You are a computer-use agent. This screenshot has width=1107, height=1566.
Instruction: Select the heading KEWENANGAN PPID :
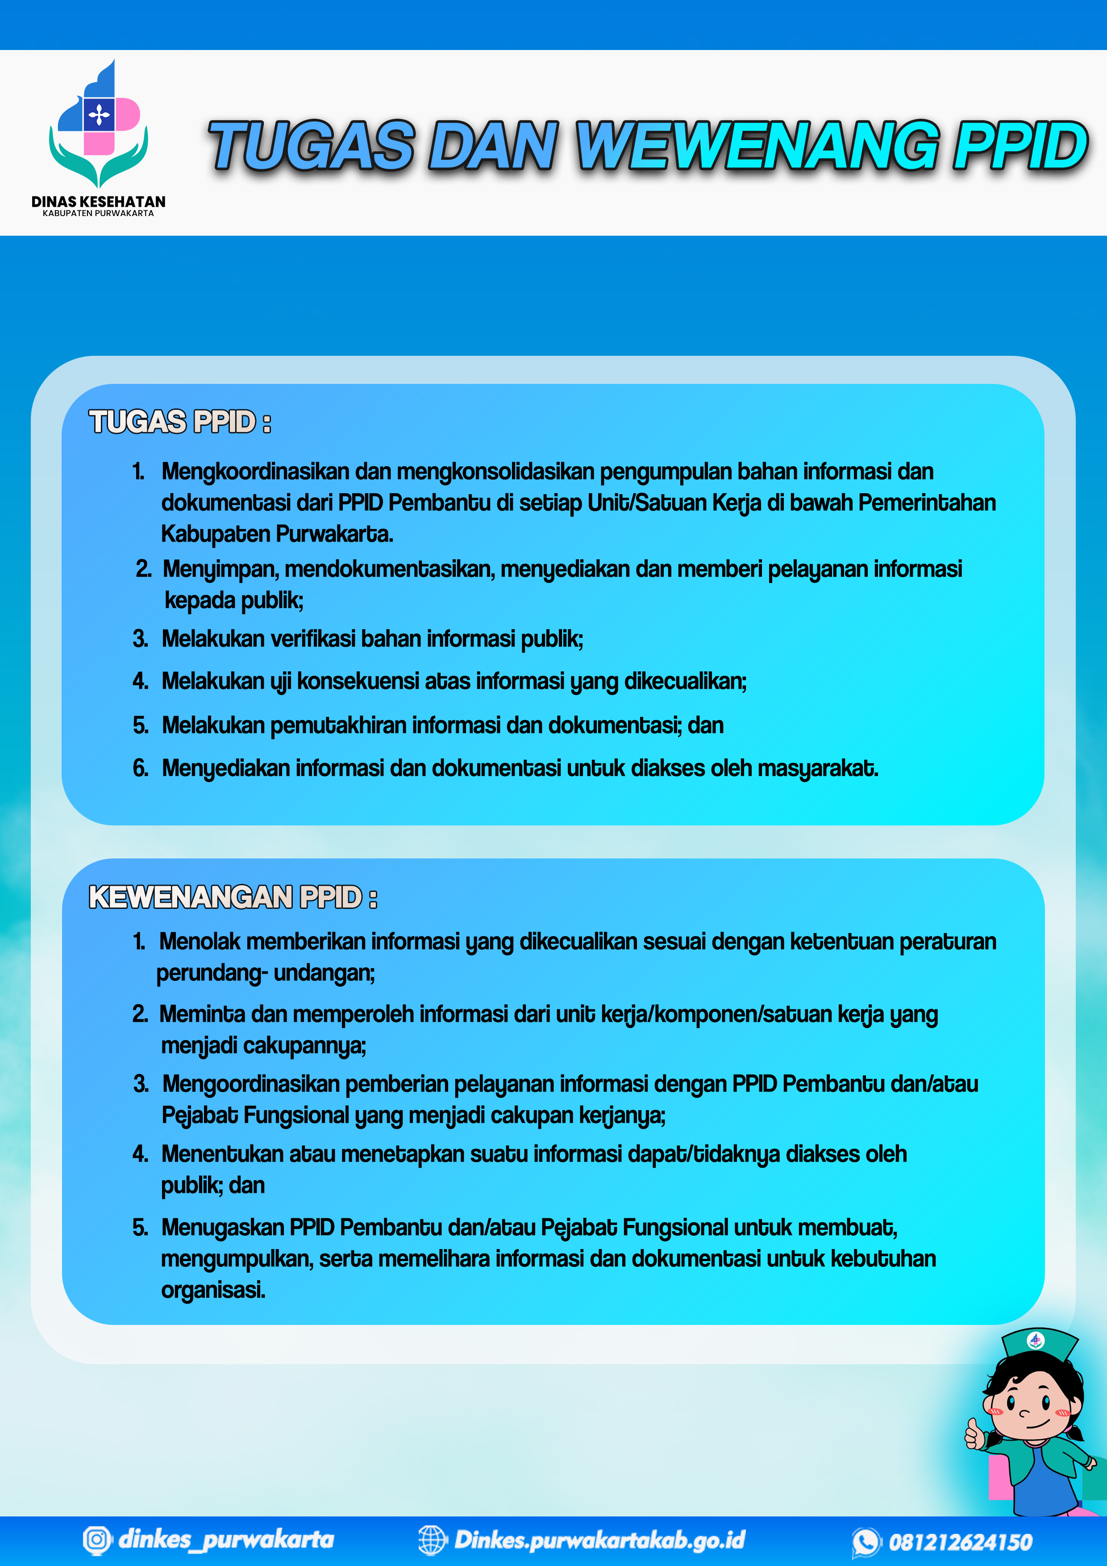coord(233,898)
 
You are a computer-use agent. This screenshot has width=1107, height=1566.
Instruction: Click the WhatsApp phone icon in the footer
coord(866,1541)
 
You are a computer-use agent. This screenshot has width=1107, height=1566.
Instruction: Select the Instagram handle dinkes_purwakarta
coord(226,1539)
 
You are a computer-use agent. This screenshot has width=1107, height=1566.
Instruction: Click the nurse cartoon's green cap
coord(1038,1344)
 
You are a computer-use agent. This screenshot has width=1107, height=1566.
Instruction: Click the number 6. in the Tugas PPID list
coord(141,769)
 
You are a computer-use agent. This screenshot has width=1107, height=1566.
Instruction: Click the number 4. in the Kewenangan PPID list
coord(141,1154)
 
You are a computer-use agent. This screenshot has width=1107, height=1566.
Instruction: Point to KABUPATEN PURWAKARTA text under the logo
coord(98,213)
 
